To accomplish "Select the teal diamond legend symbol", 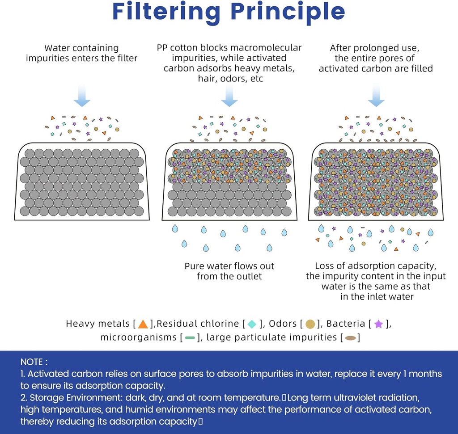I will point(251,324).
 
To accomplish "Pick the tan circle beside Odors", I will point(310,324).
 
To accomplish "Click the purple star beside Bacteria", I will point(378,324).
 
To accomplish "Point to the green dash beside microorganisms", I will point(190,337).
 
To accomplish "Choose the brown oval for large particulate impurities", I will point(350,337).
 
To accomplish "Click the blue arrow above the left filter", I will point(82,97).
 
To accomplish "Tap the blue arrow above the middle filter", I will point(229,97).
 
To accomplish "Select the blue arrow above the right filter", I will point(376,97).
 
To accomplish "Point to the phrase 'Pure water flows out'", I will point(229,266).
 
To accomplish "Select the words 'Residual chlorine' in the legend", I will point(198,324).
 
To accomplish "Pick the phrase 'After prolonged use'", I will point(375,48).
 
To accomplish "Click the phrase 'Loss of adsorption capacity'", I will point(375,266).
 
